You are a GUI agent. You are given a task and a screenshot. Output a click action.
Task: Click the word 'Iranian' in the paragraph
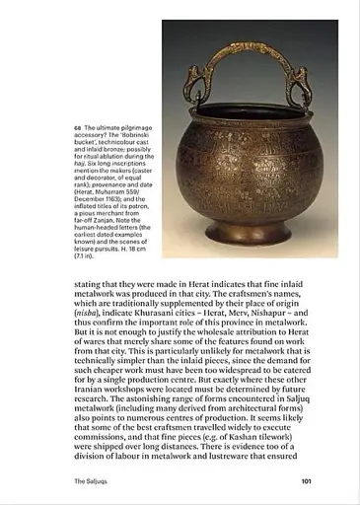tap(94, 374)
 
